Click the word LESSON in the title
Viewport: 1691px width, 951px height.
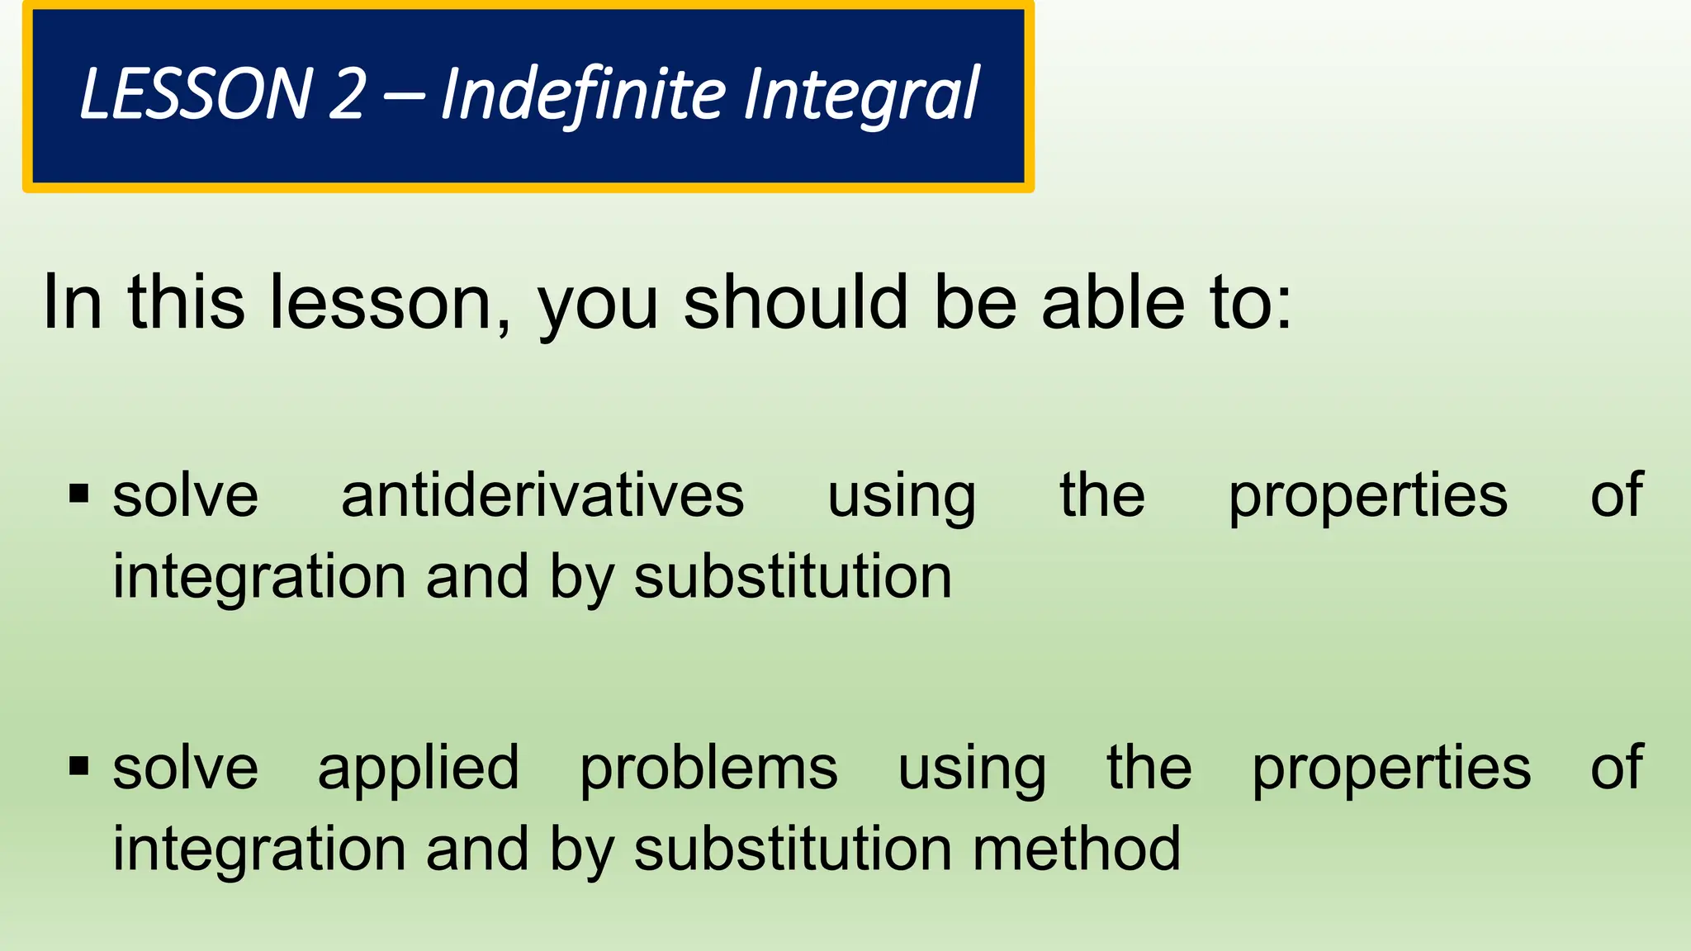[x=195, y=94]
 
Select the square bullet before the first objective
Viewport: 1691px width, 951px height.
[x=79, y=494]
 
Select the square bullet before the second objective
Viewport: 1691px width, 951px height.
[x=79, y=766]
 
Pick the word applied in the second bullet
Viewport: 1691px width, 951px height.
[x=419, y=769]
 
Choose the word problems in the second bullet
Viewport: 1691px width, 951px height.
[x=708, y=769]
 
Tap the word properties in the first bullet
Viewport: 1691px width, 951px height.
[x=1367, y=497]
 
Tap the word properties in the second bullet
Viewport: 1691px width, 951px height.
[x=1391, y=769]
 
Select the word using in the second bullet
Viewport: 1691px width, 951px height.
[x=972, y=769]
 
